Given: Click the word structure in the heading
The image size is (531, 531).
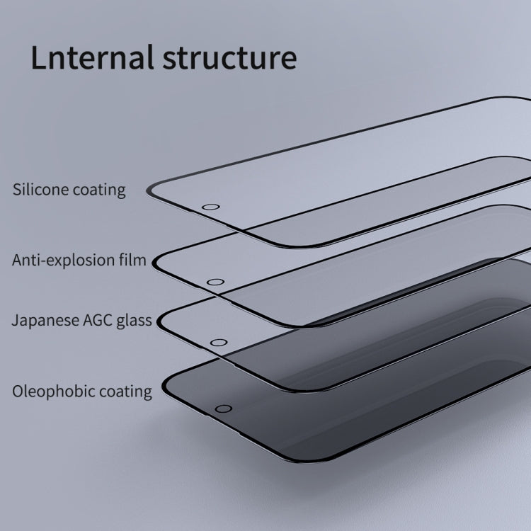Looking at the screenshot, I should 229,58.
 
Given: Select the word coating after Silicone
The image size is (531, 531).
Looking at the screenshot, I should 96,190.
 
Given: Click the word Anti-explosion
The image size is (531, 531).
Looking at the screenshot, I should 63,260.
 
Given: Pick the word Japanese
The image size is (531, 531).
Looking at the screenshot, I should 42,321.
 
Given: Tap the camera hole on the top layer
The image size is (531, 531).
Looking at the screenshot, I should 210,208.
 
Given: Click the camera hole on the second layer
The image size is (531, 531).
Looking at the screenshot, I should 214,282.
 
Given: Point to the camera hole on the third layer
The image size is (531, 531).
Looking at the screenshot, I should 217,343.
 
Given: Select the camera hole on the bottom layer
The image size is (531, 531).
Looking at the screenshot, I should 224,409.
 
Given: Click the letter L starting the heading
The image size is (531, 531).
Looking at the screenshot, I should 38,58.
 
